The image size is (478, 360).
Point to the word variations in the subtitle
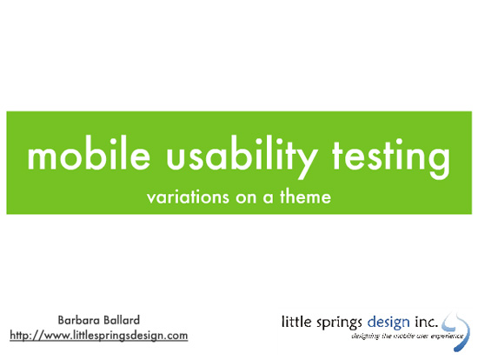(186, 197)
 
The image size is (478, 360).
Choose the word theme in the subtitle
(303, 197)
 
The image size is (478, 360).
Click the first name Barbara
(77, 319)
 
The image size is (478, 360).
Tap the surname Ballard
(125, 319)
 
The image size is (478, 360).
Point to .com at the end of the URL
(174, 335)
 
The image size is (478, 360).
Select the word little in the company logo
(295, 322)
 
